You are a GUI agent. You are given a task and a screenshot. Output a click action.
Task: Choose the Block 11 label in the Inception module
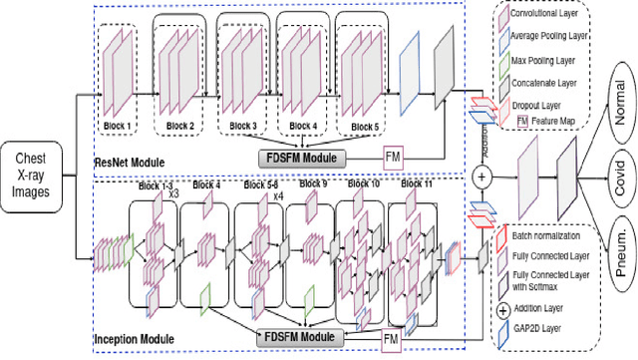pos(416,185)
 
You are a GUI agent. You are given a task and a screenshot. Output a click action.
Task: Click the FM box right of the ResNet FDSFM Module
pos(395,156)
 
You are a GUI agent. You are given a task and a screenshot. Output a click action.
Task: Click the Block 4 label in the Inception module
pos(206,185)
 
